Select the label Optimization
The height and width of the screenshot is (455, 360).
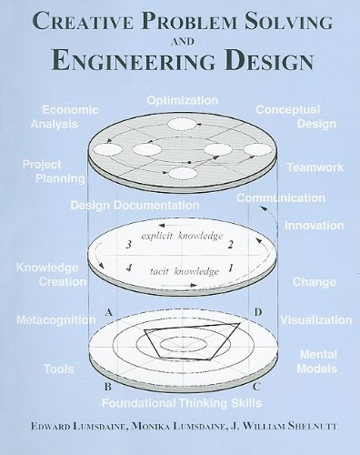coord(182,99)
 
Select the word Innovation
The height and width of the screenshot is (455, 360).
coord(314,225)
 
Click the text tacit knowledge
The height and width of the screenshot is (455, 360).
coord(185,270)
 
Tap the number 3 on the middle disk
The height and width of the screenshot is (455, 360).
coord(130,245)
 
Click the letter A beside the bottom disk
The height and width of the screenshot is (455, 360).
coord(109,312)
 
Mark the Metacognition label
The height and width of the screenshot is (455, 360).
coord(56,320)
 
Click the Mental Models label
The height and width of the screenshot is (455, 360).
coord(318,362)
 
